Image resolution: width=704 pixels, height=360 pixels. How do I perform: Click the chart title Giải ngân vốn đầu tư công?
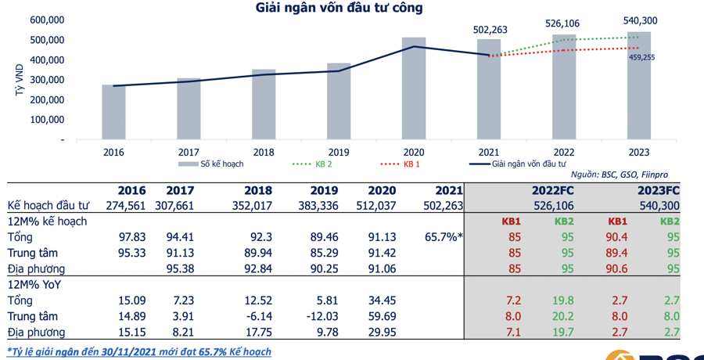[x=339, y=9]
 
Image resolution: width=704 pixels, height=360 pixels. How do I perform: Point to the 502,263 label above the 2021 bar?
[x=490, y=30]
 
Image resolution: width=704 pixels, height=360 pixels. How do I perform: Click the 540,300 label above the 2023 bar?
[x=640, y=20]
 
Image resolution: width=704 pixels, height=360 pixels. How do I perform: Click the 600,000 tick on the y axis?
[x=48, y=20]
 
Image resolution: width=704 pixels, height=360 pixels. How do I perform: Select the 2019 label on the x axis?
[x=339, y=153]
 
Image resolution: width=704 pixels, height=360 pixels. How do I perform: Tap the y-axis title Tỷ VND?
[x=19, y=80]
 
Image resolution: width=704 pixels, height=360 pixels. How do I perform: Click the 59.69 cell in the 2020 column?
[x=383, y=316]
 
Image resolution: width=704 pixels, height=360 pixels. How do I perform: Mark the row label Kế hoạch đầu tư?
[x=48, y=206]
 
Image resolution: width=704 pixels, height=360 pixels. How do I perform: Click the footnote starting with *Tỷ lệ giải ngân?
[x=139, y=351]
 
